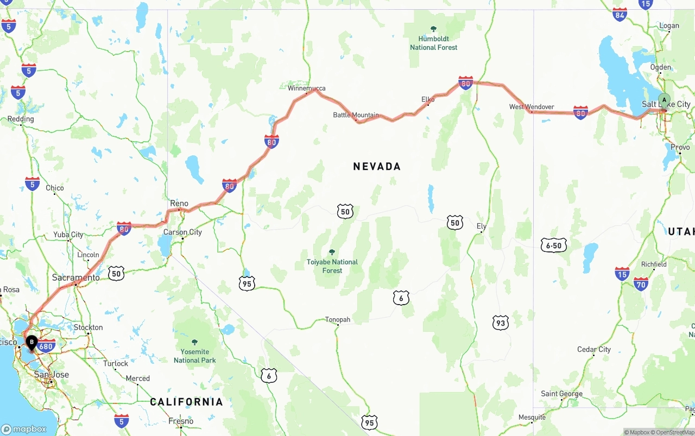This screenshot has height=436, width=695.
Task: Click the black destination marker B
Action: [32, 343]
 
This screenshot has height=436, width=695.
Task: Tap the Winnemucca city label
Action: [307, 88]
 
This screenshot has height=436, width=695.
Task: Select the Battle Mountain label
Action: [356, 115]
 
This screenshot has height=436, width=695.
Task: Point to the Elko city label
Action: [428, 99]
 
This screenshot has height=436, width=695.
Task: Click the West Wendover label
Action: [532, 107]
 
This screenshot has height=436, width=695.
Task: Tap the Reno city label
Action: [179, 204]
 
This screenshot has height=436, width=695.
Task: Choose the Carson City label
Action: [182, 232]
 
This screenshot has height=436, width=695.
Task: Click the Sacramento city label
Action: [76, 277]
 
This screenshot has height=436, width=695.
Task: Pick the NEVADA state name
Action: [377, 167]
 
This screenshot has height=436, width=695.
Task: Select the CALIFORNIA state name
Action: [186, 402]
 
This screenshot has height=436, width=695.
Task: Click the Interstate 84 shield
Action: [620, 15]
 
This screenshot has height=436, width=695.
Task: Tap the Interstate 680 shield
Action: [47, 346]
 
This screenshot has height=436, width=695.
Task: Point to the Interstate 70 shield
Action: [641, 283]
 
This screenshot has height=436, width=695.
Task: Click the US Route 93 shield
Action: [501, 323]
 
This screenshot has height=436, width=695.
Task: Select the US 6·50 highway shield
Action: [554, 245]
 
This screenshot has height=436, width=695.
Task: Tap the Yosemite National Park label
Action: [195, 356]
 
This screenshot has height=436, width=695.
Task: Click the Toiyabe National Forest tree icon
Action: [332, 252]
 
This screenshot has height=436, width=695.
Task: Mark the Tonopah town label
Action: [338, 320]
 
